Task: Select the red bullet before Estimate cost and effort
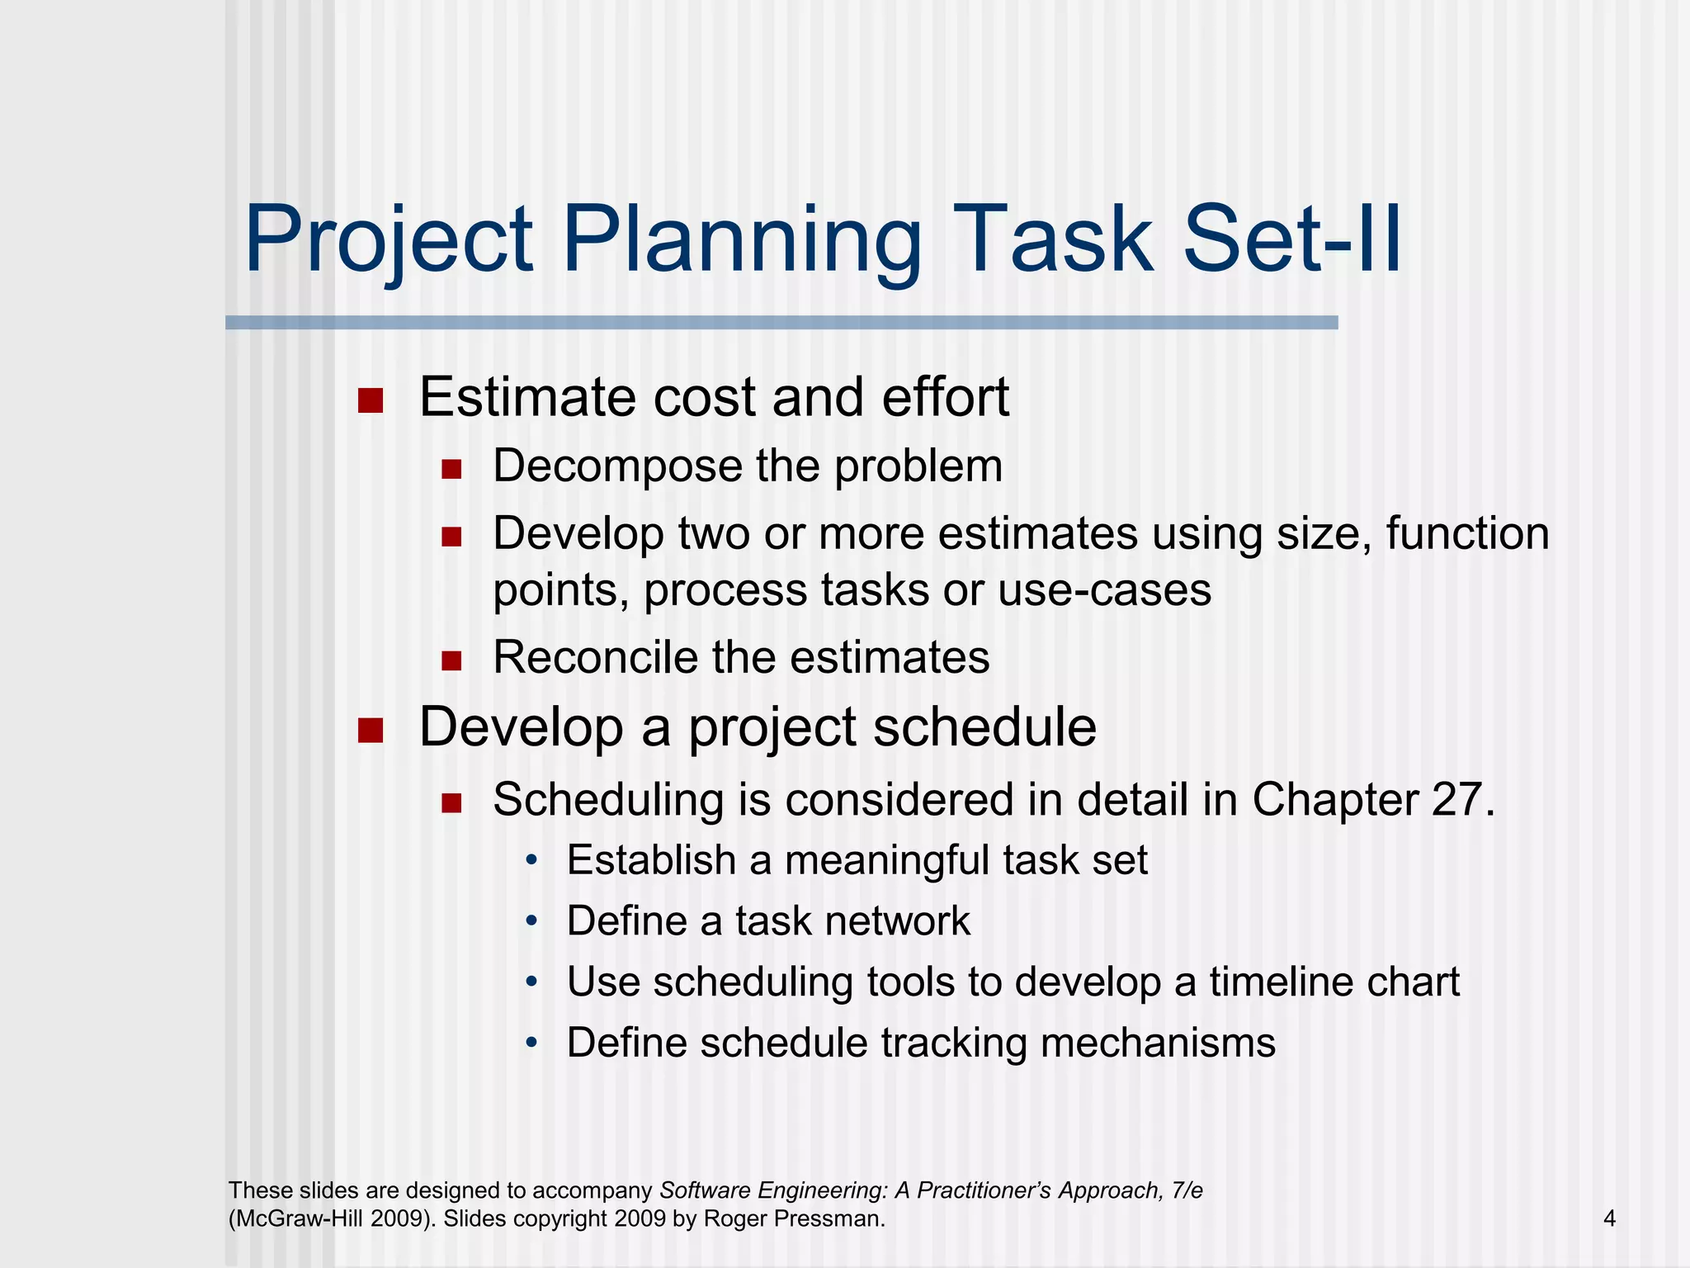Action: coord(371,401)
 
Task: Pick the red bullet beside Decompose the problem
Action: coord(451,470)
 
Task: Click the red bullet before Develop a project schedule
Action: coord(371,731)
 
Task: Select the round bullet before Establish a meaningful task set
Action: coord(532,862)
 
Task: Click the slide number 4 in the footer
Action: coord(1609,1218)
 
